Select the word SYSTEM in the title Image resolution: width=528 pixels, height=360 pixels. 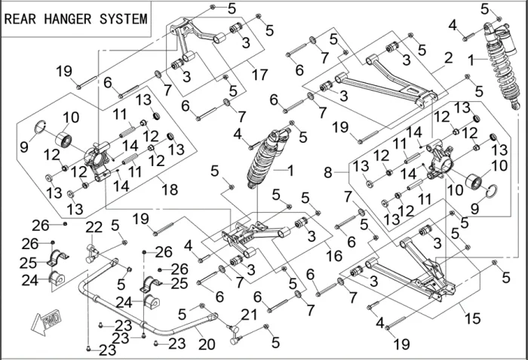124,19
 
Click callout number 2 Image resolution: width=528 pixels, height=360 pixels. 448,57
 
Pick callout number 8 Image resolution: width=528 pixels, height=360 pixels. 328,173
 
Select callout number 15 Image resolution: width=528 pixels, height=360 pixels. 473,318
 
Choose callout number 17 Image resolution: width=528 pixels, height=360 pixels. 259,75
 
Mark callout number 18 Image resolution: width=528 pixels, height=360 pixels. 170,190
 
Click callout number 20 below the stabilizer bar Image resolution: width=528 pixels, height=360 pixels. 205,343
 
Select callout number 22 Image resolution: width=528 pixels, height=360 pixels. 94,227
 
